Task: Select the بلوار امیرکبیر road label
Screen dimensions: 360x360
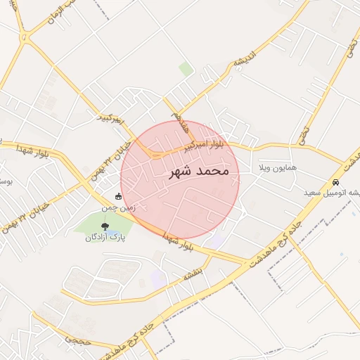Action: [x=204, y=146]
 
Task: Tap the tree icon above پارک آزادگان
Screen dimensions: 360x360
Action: [x=105, y=226]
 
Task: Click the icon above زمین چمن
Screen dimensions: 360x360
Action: [x=118, y=197]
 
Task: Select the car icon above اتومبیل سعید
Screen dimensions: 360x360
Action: [x=335, y=182]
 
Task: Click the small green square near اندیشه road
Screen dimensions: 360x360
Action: [x=186, y=68]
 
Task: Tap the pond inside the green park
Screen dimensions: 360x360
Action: [x=111, y=231]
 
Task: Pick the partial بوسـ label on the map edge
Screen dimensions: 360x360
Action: [x=5, y=182]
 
